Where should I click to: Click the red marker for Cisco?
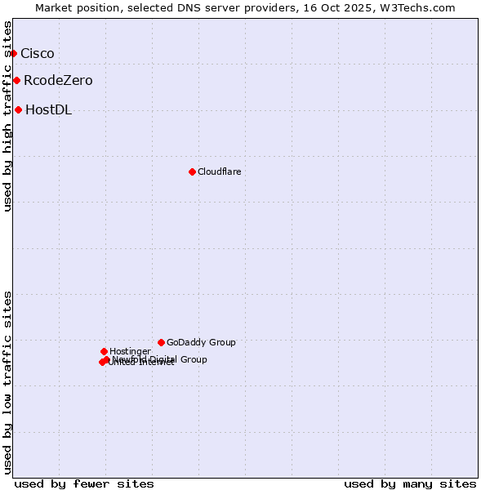[x=13, y=54]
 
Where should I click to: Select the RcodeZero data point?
[x=16, y=81]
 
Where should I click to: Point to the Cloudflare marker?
[x=192, y=171]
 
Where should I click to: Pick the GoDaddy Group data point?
[x=161, y=343]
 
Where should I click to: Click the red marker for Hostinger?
[x=104, y=352]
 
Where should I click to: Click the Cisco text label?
[x=37, y=54]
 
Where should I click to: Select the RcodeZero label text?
[x=58, y=81]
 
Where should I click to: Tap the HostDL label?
[x=48, y=110]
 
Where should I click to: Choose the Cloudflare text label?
[x=219, y=171]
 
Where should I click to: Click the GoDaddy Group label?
[x=201, y=343]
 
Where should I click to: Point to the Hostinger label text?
[x=130, y=352]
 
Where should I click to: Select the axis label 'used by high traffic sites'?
[x=7, y=117]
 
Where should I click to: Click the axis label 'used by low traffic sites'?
[x=7, y=381]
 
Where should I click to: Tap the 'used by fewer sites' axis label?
[x=84, y=484]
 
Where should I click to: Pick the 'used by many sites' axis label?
[x=410, y=484]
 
